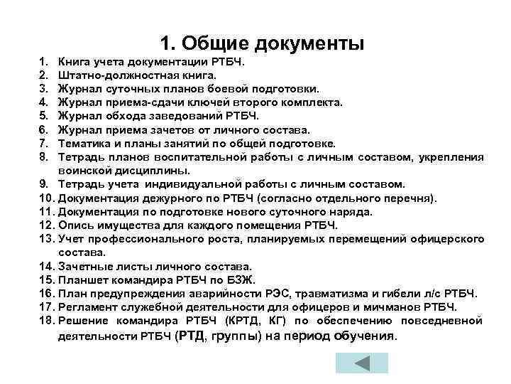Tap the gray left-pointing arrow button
[x=361, y=363]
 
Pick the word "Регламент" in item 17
[x=89, y=306]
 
